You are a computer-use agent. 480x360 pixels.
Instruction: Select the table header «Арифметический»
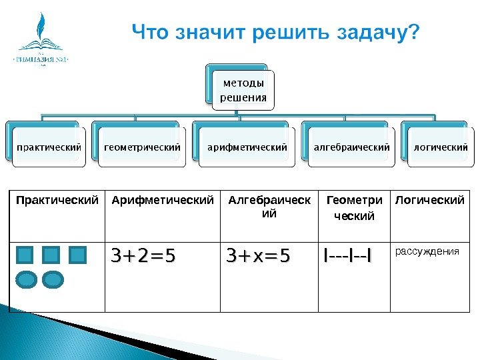(163, 200)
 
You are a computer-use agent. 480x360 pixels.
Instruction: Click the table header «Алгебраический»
(269, 207)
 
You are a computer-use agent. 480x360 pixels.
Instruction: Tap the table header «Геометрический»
(354, 207)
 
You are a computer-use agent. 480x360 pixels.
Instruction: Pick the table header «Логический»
(430, 200)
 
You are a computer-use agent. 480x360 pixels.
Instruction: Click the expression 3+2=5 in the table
(143, 256)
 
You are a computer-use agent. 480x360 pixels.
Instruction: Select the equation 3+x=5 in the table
(258, 256)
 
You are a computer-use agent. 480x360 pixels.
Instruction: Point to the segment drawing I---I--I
(347, 256)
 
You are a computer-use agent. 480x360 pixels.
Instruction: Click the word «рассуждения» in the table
(427, 251)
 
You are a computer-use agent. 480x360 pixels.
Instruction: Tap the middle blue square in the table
(51, 255)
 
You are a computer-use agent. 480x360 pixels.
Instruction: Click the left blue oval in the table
(26, 279)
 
